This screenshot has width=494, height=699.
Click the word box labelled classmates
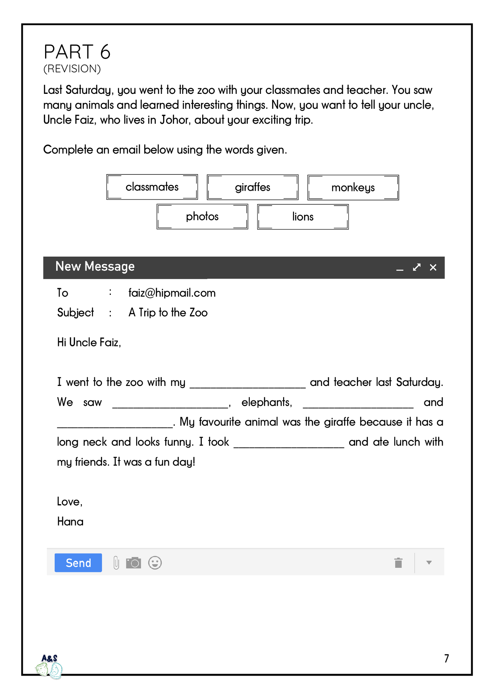point(152,187)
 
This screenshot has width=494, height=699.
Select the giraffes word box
point(252,187)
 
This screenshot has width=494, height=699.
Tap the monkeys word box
point(353,187)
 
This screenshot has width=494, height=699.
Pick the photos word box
point(202,216)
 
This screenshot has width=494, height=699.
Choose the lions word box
point(303,217)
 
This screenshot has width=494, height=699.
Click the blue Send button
point(78,563)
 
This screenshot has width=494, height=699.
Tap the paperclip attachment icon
point(116,563)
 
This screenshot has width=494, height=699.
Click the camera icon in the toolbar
point(133,563)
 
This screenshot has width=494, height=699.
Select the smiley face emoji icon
point(155,563)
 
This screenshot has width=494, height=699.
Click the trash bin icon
point(398,563)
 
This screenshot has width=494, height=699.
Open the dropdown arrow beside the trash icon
point(429,562)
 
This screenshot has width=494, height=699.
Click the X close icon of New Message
point(433,267)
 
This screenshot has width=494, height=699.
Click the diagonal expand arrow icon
point(417,267)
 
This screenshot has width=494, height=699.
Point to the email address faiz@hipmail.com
point(172,293)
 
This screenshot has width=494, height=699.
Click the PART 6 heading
point(77,52)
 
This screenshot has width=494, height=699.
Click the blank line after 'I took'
point(289,445)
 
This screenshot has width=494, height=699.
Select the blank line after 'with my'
point(247,385)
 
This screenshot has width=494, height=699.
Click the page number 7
point(446,658)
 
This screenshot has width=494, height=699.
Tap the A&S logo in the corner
point(49,666)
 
